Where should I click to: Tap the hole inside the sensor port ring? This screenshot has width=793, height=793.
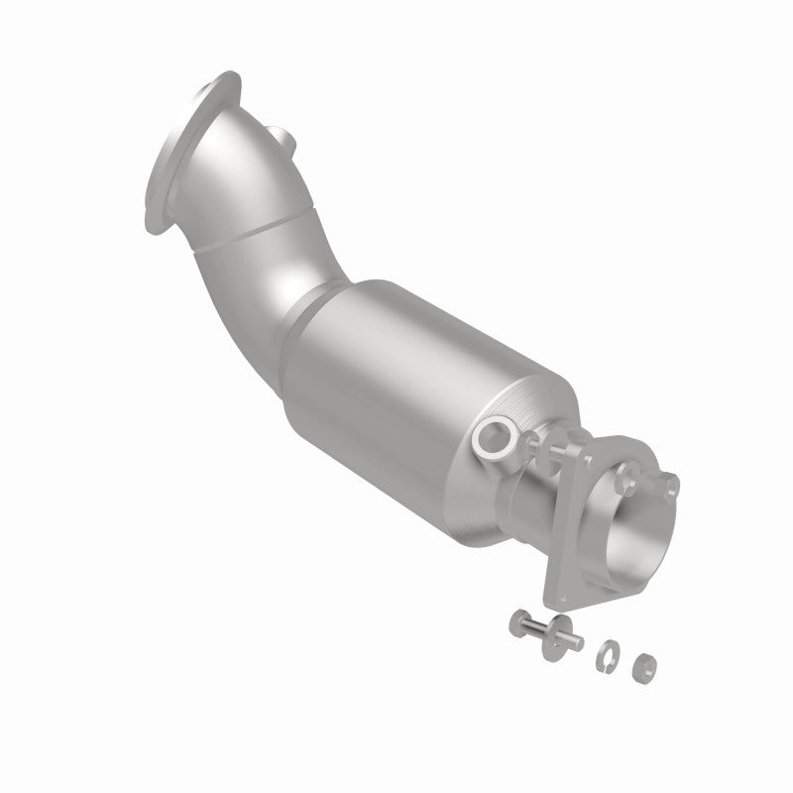(494, 437)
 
